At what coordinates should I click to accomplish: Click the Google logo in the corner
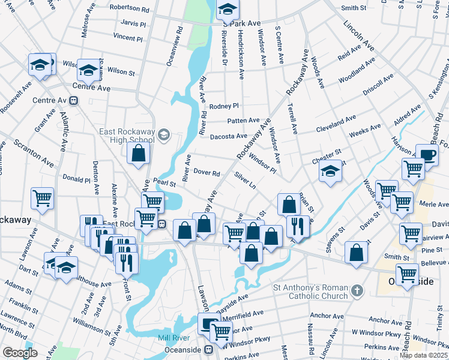[20, 352]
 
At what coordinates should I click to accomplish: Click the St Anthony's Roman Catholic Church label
[310, 292]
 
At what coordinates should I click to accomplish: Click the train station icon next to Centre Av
[74, 100]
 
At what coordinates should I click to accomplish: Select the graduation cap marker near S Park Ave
[228, 10]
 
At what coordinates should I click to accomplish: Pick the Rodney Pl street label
[224, 106]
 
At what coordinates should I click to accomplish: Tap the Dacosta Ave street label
[229, 137]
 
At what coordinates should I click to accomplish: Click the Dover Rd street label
[207, 173]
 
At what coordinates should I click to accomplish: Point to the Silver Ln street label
[246, 181]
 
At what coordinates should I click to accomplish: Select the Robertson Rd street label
[129, 10]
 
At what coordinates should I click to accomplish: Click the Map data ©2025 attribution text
[423, 355]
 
